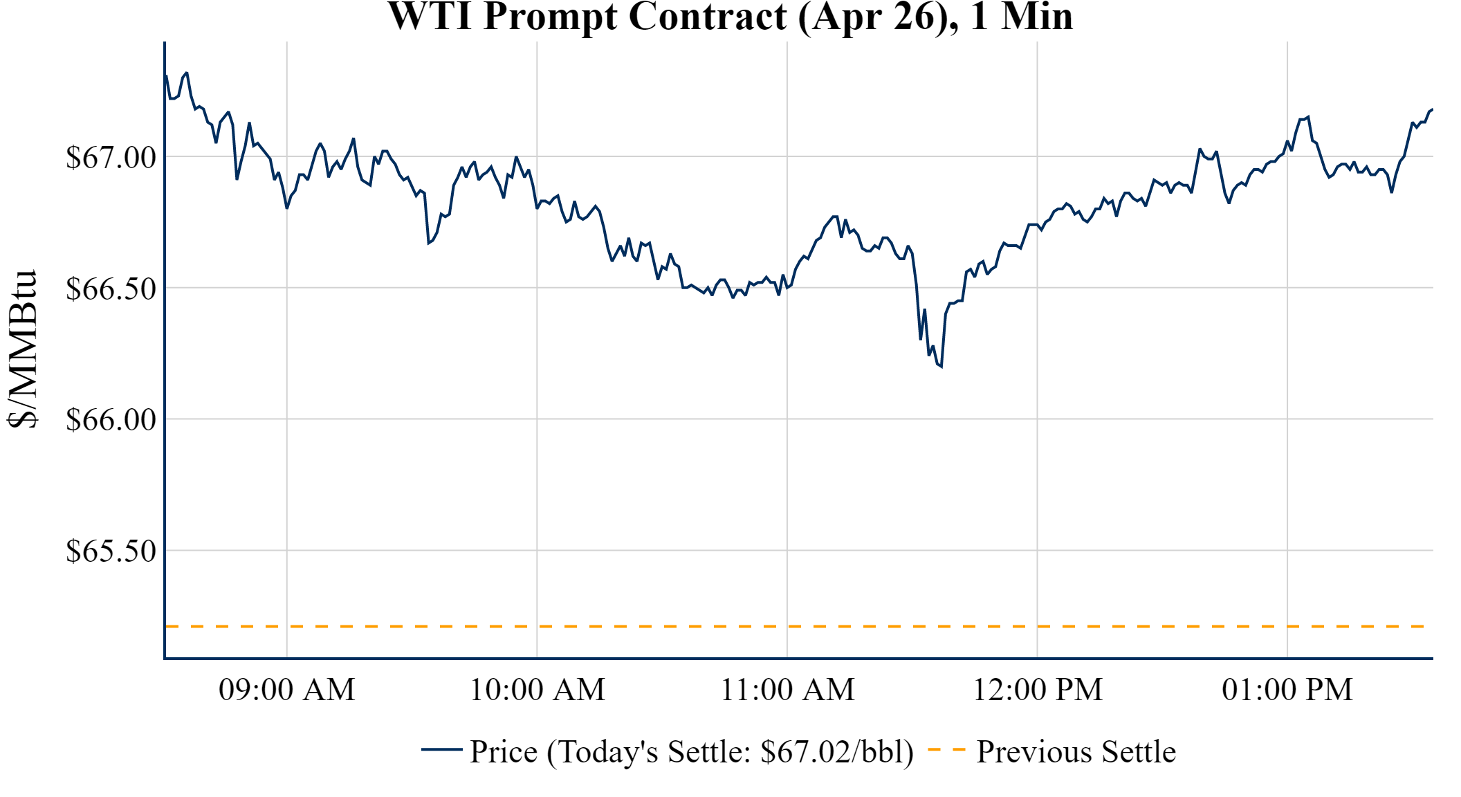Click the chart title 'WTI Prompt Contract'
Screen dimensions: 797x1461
tap(587, 17)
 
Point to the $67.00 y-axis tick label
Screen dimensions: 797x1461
tap(111, 157)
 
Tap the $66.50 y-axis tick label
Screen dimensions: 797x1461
tap(111, 288)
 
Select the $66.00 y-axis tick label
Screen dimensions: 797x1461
tap(111, 419)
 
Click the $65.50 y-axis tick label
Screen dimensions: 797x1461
tap(111, 551)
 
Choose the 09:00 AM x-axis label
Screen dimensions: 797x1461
tap(287, 690)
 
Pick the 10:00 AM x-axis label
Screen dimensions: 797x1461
tap(537, 690)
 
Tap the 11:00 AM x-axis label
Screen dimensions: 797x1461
tap(788, 690)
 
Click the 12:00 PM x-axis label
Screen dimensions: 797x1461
tap(1038, 690)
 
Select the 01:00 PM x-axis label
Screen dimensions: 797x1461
tap(1287, 690)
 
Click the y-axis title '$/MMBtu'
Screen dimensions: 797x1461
tap(23, 349)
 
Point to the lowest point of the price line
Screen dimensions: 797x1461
tap(941, 366)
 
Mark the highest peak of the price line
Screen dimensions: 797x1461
tap(187, 73)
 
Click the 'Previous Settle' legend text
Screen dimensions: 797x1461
tap(1076, 752)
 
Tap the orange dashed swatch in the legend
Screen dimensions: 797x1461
tap(946, 749)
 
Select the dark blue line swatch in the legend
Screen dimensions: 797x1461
tap(441, 749)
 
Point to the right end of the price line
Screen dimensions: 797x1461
tap(1432, 110)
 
